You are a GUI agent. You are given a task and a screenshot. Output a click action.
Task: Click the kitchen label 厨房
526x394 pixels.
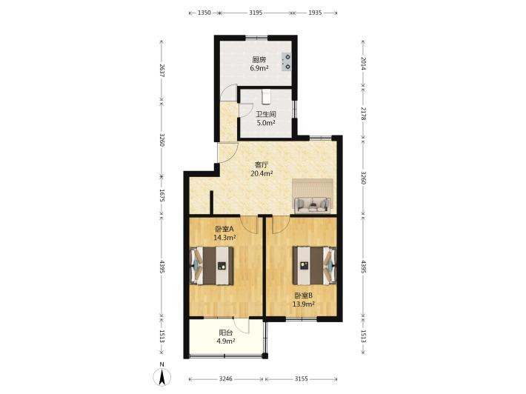[x=259, y=60]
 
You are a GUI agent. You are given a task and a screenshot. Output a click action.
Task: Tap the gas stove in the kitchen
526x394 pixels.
[x=287, y=62]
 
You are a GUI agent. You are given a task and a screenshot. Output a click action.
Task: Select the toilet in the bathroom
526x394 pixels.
[x=266, y=96]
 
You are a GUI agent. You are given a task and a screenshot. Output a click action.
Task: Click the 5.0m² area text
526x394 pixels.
[x=266, y=123]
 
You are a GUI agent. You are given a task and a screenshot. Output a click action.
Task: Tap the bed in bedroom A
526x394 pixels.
[x=212, y=266]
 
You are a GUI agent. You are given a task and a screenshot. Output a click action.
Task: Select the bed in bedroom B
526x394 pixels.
[x=314, y=266]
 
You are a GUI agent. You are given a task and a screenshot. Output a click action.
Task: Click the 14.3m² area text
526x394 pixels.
[x=224, y=238]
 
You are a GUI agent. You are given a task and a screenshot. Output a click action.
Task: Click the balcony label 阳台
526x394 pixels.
[x=226, y=333]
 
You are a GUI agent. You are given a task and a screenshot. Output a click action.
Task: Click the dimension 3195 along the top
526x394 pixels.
[x=256, y=13]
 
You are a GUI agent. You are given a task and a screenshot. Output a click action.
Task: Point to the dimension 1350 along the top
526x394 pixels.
[x=204, y=13]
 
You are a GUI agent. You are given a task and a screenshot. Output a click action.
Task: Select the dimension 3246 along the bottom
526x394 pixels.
[x=226, y=379]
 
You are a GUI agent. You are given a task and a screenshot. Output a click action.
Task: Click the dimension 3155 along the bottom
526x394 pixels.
[x=301, y=379]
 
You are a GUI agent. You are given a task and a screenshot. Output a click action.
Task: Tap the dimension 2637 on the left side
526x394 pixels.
[x=162, y=71]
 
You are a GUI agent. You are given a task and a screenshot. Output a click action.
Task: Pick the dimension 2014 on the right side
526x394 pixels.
[x=363, y=63]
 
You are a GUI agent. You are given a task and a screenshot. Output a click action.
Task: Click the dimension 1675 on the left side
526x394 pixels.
[x=162, y=196]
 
